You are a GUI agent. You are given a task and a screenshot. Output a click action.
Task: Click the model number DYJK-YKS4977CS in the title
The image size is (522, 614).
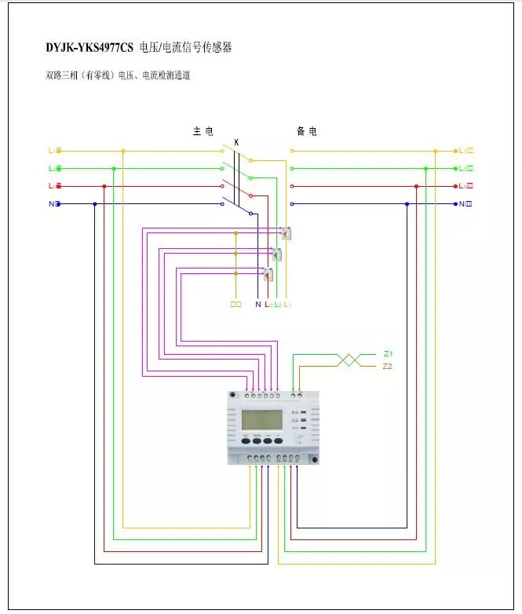tap(89, 48)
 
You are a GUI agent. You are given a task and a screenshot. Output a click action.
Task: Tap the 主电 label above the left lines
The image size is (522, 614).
tap(203, 131)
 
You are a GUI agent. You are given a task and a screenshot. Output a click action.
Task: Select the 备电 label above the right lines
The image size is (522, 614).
tap(307, 131)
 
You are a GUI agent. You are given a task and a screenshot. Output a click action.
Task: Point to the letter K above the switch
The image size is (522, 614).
tap(236, 142)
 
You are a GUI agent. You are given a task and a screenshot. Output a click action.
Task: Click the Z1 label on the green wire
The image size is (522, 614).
tap(388, 354)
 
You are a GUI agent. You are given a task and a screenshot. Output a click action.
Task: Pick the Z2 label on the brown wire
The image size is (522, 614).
tap(388, 367)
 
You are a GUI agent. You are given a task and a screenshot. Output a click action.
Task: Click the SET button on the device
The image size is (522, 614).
tap(246, 440)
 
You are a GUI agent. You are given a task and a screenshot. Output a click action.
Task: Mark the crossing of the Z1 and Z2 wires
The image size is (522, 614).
tap(349, 360)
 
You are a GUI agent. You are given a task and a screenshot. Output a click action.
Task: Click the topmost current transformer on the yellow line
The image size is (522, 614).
tap(287, 233)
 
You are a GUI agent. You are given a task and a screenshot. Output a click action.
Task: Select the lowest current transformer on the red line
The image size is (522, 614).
tap(268, 274)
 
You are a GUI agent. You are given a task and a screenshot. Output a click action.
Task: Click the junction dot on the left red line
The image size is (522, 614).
tap(104, 186)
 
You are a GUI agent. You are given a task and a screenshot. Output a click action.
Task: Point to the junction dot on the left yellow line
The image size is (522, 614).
tap(122, 151)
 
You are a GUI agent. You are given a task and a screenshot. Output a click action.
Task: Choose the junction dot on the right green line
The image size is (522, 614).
tap(425, 168)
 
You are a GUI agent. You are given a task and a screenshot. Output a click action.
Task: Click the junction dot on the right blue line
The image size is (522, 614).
tap(407, 204)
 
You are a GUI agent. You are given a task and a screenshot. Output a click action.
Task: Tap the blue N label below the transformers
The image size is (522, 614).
tap(257, 304)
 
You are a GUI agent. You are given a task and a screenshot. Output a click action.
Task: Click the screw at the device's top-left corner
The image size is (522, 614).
tap(232, 394)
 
